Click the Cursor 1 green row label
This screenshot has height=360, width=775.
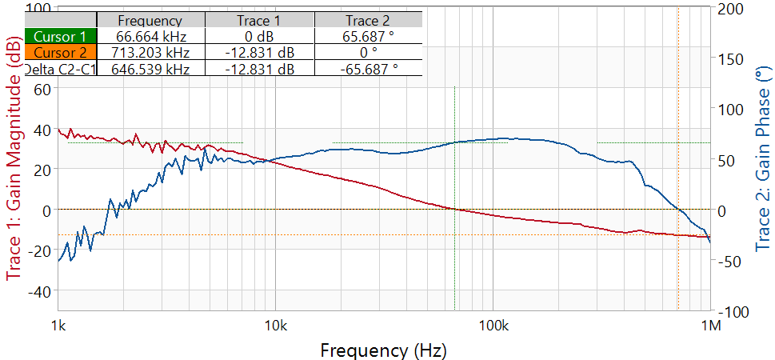coord(61,36)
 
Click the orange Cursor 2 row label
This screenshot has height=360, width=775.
coord(61,53)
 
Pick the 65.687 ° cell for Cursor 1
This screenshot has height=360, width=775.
coord(367,36)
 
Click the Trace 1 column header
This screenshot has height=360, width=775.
coord(259,20)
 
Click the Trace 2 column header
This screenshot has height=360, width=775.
coord(367,20)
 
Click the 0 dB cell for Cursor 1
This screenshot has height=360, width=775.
coord(259,36)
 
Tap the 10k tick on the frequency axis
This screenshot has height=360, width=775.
coord(275,326)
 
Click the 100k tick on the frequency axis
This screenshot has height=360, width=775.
coord(493,326)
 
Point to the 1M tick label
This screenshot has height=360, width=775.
coord(711,326)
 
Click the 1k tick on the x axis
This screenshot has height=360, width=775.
coord(58,326)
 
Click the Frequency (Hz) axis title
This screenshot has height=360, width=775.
coord(384,350)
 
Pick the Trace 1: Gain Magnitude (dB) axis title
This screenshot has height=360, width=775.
coord(14,160)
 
